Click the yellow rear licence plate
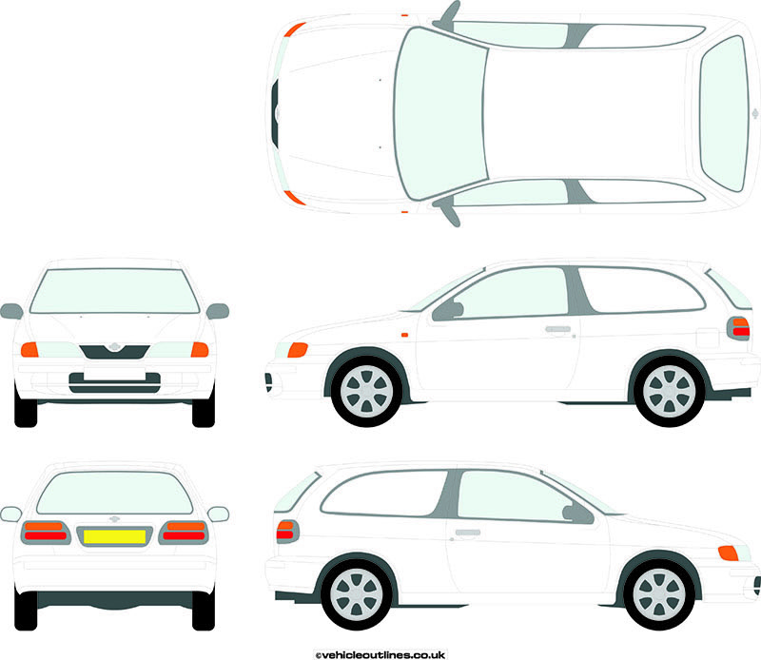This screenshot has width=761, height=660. [x=114, y=536]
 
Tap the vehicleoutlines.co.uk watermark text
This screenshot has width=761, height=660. [x=380, y=655]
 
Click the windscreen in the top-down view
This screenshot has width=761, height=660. [x=440, y=114]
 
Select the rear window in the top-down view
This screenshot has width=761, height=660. [x=724, y=113]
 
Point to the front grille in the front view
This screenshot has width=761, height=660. [x=114, y=352]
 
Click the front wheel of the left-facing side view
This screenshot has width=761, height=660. [x=366, y=391]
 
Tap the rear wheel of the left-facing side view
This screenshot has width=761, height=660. [x=670, y=391]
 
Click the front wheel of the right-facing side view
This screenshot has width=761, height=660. [x=659, y=594]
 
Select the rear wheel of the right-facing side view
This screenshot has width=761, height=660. [x=357, y=594]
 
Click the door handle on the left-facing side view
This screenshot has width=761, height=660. [x=558, y=329]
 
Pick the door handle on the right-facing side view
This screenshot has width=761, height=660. [x=468, y=533]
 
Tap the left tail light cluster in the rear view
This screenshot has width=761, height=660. [x=46, y=533]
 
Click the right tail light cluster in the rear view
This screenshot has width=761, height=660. [x=184, y=533]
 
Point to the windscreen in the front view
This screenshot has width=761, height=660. [x=114, y=291]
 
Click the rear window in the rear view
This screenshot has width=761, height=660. [x=114, y=493]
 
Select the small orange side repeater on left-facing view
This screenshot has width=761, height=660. [x=405, y=335]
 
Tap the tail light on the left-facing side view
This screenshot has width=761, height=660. [x=739, y=328]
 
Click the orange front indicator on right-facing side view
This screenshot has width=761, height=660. [x=728, y=553]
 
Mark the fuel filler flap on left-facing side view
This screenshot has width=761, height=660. [x=707, y=338]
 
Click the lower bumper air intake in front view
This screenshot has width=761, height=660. [x=114, y=383]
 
